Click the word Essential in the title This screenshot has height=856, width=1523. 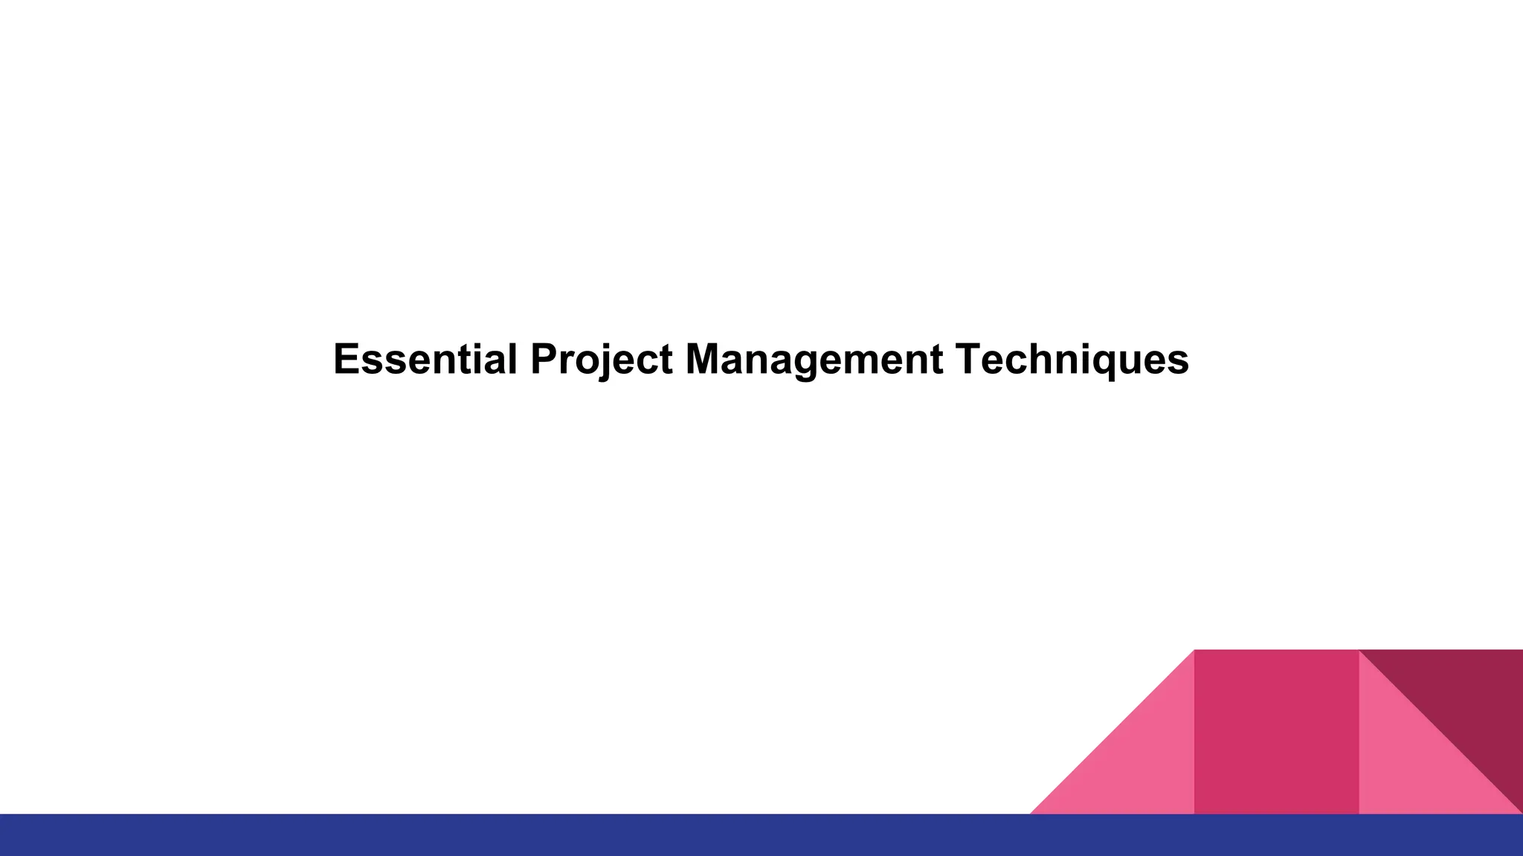[425, 360]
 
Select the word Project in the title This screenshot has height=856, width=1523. [601, 360]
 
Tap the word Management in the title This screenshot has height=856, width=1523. [814, 360]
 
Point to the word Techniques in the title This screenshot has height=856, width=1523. [1072, 360]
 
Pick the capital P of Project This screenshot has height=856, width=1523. [544, 360]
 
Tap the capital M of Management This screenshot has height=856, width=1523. [703, 360]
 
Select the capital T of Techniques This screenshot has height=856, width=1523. [969, 360]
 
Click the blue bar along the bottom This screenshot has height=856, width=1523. [521, 835]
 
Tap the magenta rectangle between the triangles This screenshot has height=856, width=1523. [1276, 732]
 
